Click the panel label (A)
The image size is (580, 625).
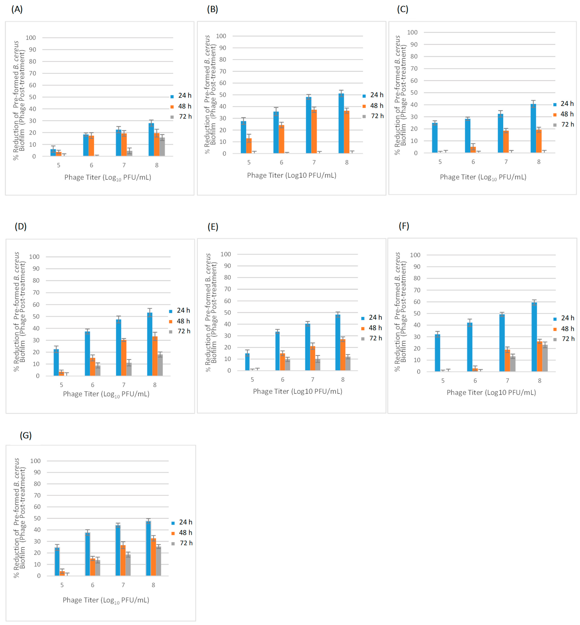click(x=17, y=9)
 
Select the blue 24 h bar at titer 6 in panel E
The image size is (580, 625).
click(x=277, y=351)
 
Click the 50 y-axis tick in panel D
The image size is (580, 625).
click(x=36, y=316)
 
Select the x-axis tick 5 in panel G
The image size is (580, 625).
click(x=62, y=585)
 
